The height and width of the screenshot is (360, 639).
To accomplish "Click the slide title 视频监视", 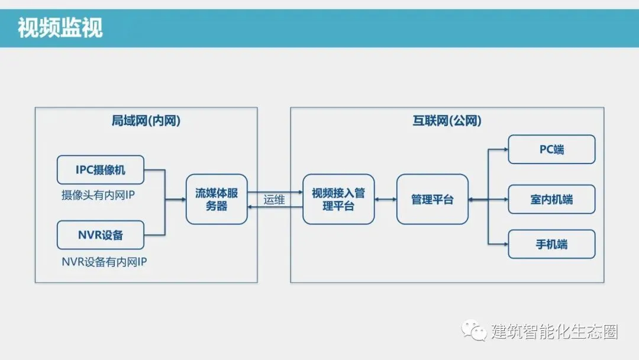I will [60, 28].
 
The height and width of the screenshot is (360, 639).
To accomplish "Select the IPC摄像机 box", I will [101, 170].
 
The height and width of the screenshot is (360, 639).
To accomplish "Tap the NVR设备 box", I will [101, 234].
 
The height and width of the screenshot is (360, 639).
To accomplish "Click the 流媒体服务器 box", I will [217, 200].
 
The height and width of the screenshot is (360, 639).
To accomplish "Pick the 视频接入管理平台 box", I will [338, 200].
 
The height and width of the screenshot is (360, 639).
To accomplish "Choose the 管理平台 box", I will [432, 200].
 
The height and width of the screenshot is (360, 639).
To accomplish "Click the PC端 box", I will [551, 149].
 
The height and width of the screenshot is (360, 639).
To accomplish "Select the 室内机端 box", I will [551, 200].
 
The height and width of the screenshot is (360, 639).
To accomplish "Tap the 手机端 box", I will [551, 243].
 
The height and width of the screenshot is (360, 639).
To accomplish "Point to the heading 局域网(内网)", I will [146, 121].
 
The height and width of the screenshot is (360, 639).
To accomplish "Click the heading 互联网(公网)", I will [447, 121].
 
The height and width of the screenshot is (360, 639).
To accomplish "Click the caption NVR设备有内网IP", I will [104, 261].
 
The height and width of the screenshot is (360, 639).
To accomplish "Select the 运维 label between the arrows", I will [274, 200].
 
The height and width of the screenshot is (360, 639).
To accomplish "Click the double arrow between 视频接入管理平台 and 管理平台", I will [385, 200].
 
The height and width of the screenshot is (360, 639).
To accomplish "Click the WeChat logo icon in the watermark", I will [475, 330].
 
